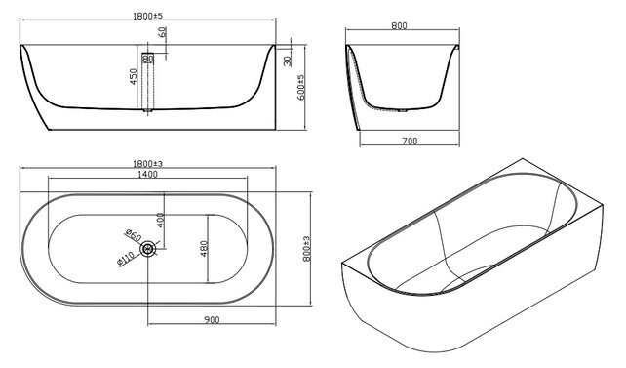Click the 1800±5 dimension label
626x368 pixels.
pos(147,16)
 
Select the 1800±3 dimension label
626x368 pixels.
pos(147,164)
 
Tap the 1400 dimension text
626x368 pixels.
pos(147,174)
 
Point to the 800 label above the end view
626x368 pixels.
pos(399,26)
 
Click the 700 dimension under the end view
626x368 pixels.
pos(410,141)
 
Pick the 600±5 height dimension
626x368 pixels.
pos(301,88)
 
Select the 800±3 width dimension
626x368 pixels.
pos(306,249)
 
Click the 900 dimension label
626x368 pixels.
pos(212,319)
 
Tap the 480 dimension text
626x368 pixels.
pos(204,249)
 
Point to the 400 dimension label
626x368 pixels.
pos(161,221)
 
